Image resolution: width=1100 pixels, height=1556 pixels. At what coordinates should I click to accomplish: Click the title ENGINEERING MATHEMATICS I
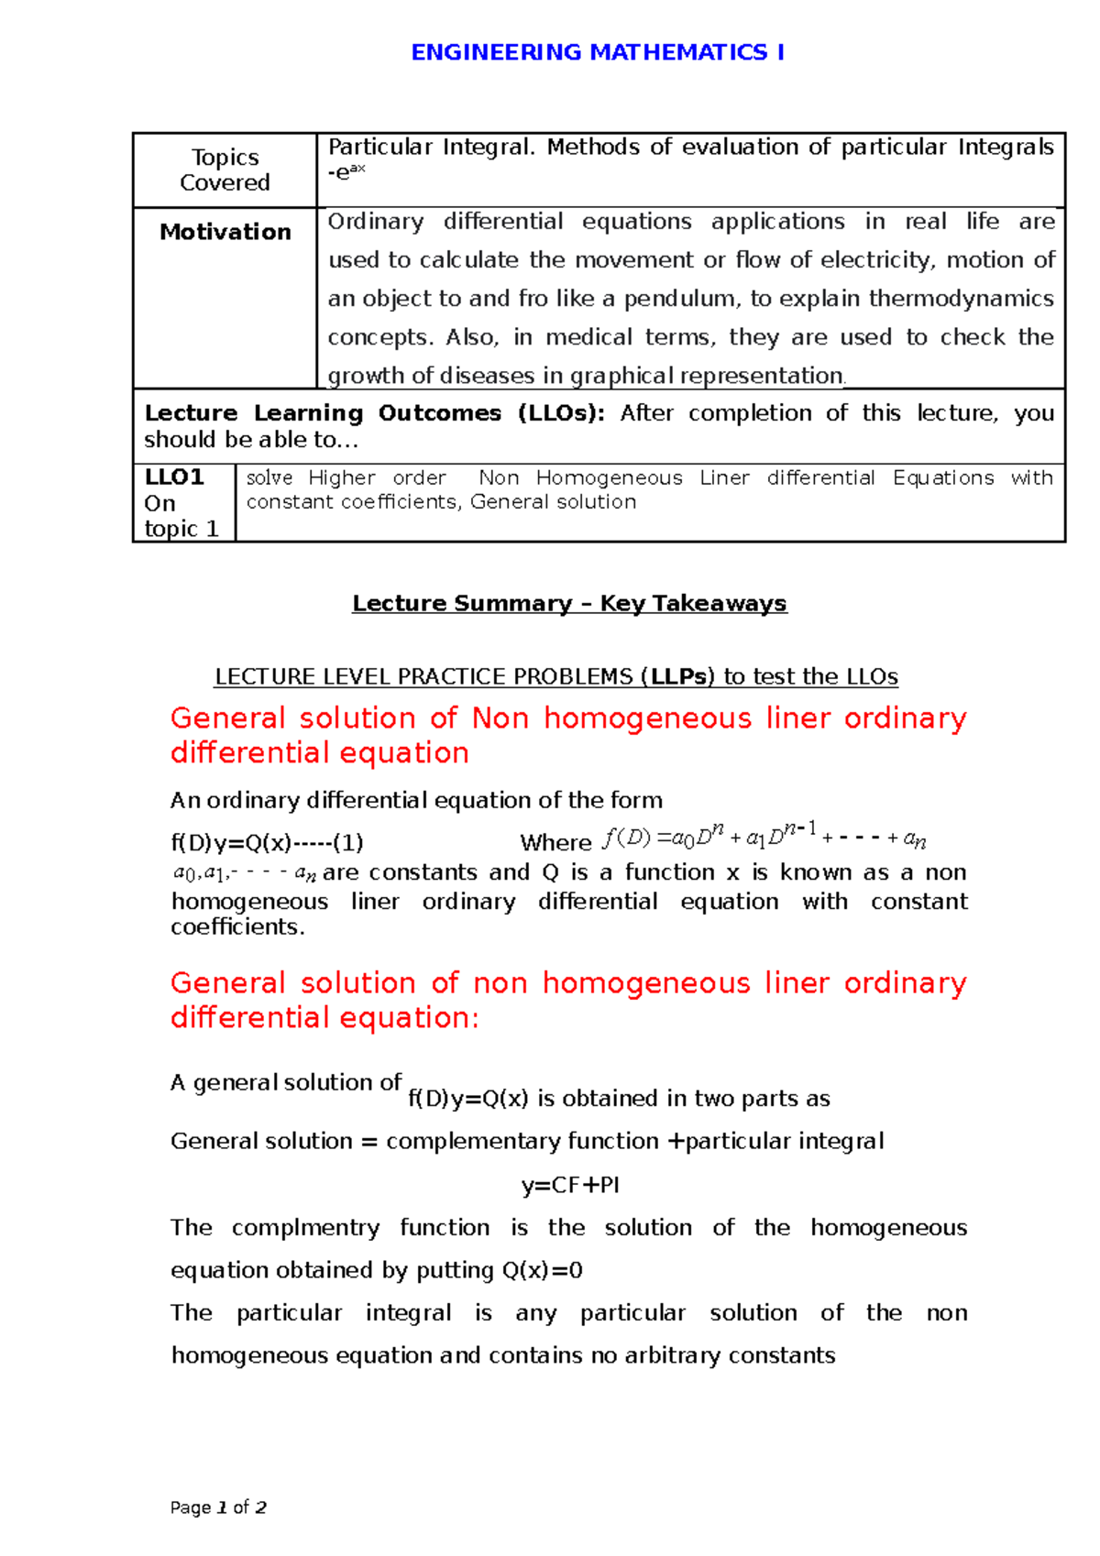coord(597,52)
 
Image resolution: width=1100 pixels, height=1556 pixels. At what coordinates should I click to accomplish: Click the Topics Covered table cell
coord(225,170)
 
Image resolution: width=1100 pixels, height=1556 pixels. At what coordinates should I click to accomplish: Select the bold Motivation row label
coord(225,232)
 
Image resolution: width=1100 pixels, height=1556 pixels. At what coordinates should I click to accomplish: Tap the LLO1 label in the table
coord(174,477)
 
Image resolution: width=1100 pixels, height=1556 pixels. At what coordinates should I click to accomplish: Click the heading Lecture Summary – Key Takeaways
coord(569,603)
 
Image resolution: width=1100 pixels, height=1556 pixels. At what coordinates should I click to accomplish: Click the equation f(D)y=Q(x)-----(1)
coord(267,842)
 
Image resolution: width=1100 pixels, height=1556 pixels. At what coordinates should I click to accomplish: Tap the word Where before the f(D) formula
coord(555,842)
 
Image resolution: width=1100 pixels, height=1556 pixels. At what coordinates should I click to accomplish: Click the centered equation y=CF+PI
coord(570,1185)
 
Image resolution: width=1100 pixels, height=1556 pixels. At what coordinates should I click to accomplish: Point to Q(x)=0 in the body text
coord(542,1270)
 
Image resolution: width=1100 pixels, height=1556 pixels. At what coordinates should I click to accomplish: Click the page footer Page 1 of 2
coord(218,1507)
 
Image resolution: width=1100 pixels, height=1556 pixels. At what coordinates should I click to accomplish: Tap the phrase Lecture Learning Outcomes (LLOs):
coord(374,413)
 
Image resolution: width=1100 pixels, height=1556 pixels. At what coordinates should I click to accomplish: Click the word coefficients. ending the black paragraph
coord(237,926)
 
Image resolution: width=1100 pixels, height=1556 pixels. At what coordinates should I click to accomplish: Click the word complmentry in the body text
coord(305,1228)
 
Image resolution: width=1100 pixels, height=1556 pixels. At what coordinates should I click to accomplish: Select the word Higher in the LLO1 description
coord(342,477)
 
